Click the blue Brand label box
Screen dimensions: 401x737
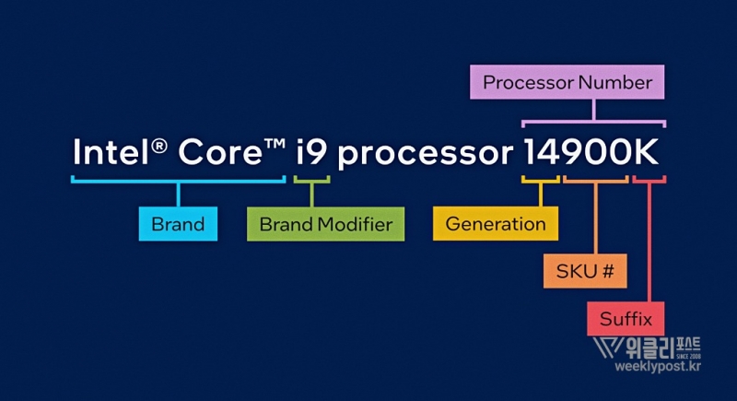click(178, 224)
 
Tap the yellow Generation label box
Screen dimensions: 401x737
click(495, 224)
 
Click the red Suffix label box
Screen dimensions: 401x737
click(626, 320)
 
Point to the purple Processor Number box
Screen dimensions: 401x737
click(567, 82)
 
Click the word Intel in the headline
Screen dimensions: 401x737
click(110, 151)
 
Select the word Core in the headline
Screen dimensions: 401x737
click(218, 151)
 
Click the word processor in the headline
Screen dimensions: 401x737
click(425, 155)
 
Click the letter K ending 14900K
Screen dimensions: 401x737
click(648, 151)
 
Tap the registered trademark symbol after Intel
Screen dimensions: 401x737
click(158, 144)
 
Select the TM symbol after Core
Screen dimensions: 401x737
click(273, 142)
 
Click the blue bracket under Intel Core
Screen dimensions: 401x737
click(179, 180)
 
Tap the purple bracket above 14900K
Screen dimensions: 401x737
click(593, 120)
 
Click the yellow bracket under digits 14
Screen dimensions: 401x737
click(540, 180)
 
